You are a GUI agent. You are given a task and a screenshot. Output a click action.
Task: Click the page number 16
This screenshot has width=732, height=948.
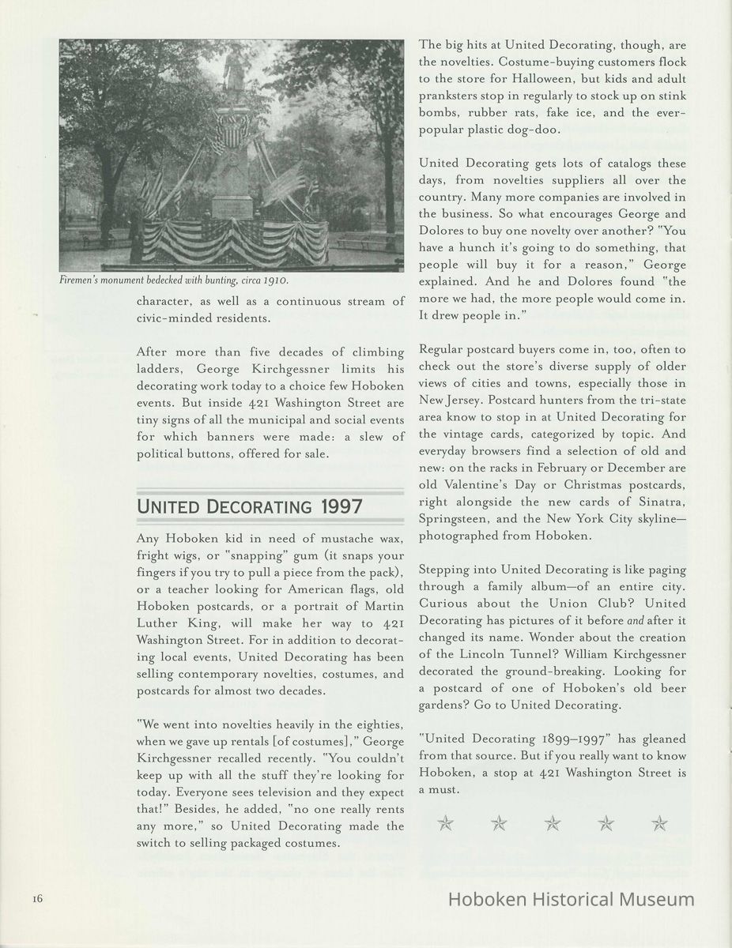[x=37, y=899]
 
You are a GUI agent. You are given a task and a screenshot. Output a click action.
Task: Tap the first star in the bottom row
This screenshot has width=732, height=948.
[x=446, y=824]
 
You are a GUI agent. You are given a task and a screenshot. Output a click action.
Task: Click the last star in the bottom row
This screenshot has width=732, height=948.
[x=659, y=824]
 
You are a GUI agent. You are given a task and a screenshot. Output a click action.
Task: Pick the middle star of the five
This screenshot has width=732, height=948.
[x=553, y=824]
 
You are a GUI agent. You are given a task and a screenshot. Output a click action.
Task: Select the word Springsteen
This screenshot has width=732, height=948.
[x=454, y=520]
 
